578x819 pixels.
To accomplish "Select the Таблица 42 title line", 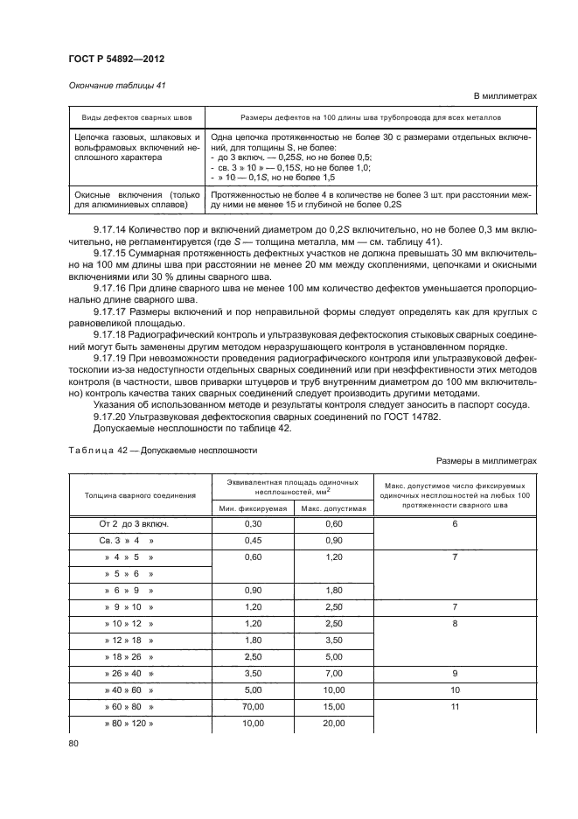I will point(162,451).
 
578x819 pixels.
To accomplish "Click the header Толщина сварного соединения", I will point(139,494).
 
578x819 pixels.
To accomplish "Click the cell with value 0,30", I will point(254,523).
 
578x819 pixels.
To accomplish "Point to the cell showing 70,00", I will point(254,705).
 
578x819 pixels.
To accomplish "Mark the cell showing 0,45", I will point(254,541).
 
